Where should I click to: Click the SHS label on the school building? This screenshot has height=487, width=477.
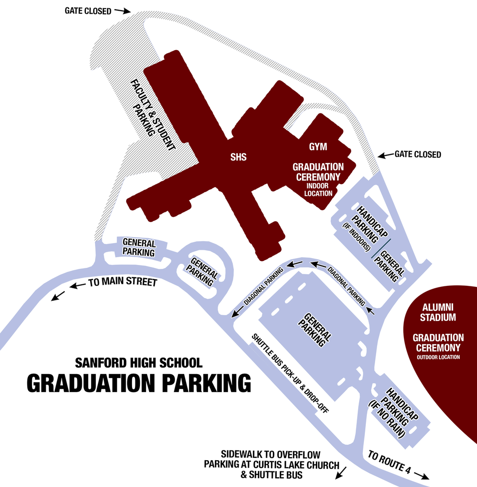coord(239,157)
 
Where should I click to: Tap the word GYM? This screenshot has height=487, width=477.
coord(317,146)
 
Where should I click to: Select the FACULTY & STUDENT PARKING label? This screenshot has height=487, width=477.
coord(152,111)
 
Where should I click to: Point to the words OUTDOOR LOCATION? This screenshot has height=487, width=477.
coord(438,357)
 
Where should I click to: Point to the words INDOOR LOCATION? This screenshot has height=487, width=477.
coord(318,189)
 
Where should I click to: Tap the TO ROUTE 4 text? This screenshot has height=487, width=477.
coord(389,463)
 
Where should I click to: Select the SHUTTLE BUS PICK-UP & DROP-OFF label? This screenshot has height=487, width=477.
coord(290,374)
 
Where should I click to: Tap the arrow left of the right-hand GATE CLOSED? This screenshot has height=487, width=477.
coord(385,155)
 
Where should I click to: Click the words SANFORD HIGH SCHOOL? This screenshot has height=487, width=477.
coord(138,363)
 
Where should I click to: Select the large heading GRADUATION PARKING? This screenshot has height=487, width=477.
coord(138,383)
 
